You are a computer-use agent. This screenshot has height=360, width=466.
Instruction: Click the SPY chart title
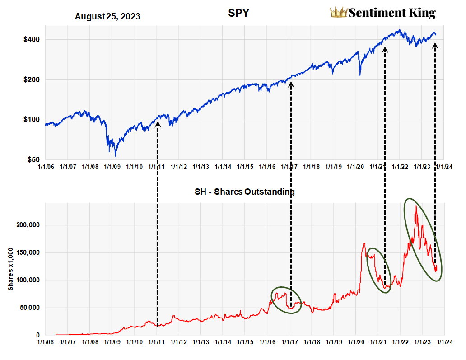click(x=239, y=14)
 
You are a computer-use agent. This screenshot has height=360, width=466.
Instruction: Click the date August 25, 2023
click(x=107, y=17)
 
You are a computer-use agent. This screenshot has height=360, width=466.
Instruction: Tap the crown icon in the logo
click(x=339, y=12)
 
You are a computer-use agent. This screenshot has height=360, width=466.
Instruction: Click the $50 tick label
click(x=32, y=160)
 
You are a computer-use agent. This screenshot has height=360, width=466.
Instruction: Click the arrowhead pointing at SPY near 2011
click(x=158, y=122)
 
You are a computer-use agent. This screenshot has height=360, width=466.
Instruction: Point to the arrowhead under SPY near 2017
click(x=291, y=84)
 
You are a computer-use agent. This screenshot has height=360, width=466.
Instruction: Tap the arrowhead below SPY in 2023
click(x=435, y=45)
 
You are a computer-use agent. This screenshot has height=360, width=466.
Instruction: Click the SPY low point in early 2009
click(x=116, y=156)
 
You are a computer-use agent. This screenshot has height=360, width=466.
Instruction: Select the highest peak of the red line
click(x=415, y=206)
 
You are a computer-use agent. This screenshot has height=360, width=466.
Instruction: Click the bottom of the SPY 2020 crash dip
click(x=360, y=75)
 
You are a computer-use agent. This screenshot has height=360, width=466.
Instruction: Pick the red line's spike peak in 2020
click(x=364, y=243)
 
